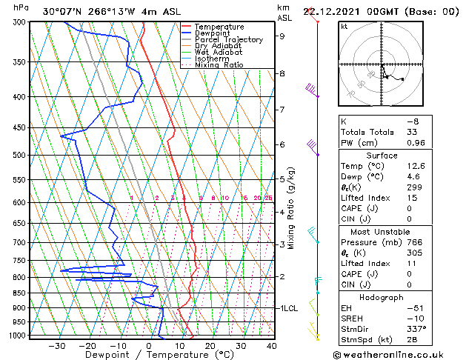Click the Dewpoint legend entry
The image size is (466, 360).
pos(215,33)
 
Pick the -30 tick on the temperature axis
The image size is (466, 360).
pos(57,345)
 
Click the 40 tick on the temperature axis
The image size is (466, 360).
pos(271,345)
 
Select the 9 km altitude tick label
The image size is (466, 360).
pos(282,36)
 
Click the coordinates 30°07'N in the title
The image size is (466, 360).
pos(62,11)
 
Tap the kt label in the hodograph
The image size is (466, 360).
pos(344,26)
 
